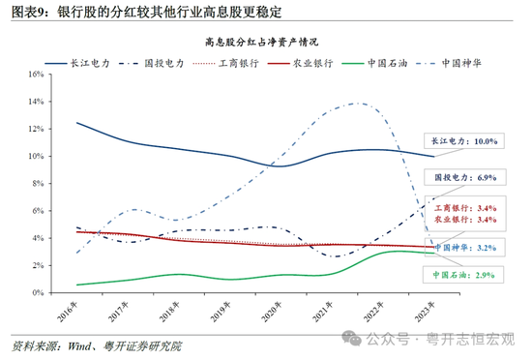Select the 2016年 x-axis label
pyautogui.click(x=72, y=310)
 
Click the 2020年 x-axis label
pyautogui.click(x=265, y=310)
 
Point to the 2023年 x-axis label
pyautogui.click(x=409, y=310)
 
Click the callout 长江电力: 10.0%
pyautogui.click(x=463, y=141)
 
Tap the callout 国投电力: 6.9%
pyautogui.click(x=463, y=178)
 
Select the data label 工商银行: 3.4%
pyautogui.click(x=463, y=208)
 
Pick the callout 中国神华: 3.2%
pyautogui.click(x=463, y=248)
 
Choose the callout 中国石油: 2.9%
pyautogui.click(x=463, y=276)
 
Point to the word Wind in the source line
pyautogui.click(x=80, y=345)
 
